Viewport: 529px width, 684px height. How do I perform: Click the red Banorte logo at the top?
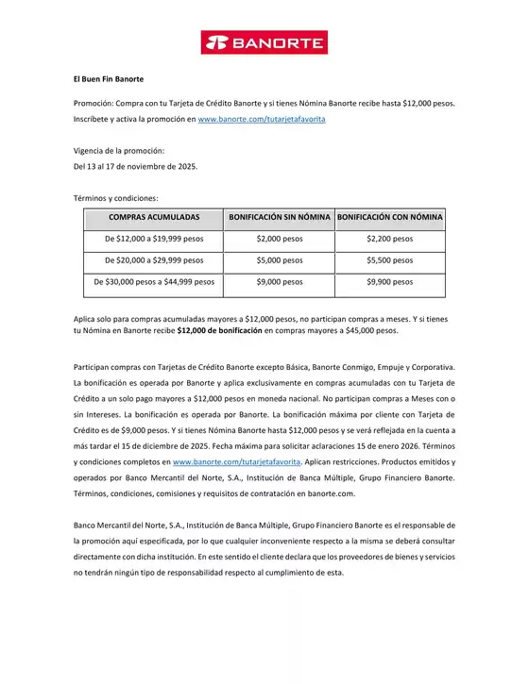pyautogui.click(x=264, y=42)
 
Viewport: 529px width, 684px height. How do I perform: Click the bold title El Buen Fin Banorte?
pyautogui.click(x=109, y=79)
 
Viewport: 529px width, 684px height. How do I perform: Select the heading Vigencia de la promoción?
pyautogui.click(x=119, y=151)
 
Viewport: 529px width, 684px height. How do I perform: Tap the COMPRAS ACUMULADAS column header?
pyautogui.click(x=154, y=218)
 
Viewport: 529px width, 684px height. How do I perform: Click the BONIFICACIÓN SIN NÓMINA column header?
pyautogui.click(x=280, y=218)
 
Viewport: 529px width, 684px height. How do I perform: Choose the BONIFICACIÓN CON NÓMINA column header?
pyautogui.click(x=390, y=218)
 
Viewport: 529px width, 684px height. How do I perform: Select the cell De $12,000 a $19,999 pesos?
pyautogui.click(x=154, y=240)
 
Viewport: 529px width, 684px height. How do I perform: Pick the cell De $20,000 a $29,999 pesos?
pyautogui.click(x=154, y=260)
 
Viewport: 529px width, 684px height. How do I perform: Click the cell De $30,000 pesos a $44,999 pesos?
pyautogui.click(x=154, y=282)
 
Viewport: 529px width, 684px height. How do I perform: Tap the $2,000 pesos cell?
pyautogui.click(x=280, y=240)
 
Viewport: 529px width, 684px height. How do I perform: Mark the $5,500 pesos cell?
pyautogui.click(x=390, y=260)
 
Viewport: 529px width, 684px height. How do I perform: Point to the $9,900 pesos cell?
pyautogui.click(x=390, y=282)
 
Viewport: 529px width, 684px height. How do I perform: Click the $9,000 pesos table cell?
pyautogui.click(x=280, y=282)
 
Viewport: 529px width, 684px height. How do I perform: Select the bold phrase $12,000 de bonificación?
pyautogui.click(x=219, y=332)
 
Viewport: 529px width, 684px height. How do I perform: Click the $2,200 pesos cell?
pyautogui.click(x=390, y=240)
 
